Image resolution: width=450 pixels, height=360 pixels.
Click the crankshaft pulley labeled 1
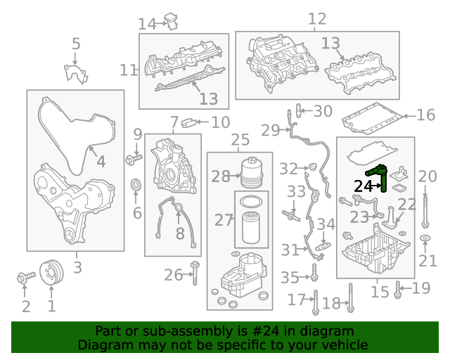pos(51,272)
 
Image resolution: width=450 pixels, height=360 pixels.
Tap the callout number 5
pos(76,45)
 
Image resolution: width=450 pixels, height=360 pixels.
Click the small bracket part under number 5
pos(75,74)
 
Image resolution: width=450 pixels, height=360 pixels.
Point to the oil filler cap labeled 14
pos(170,21)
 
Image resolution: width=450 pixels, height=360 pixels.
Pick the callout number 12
pos(317,19)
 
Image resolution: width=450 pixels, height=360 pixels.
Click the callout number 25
pos(240,140)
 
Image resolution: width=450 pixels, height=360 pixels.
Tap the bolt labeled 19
pos(398,289)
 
